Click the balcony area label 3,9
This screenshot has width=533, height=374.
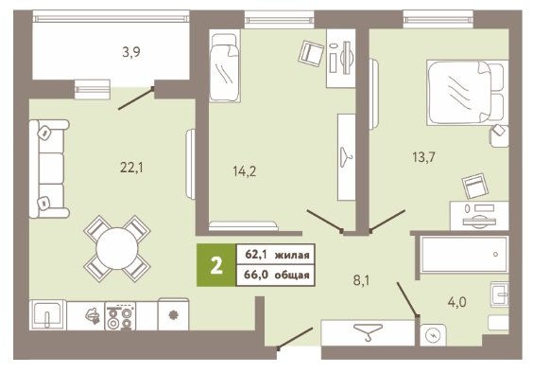pyautogui.click(x=131, y=52)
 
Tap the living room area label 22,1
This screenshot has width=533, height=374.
pyautogui.click(x=132, y=168)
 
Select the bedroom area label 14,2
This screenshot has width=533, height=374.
pyautogui.click(x=245, y=171)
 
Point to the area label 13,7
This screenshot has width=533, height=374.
pyautogui.click(x=423, y=157)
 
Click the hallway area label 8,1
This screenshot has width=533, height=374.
pyautogui.click(x=362, y=280)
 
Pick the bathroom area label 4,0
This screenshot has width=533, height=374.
pyautogui.click(x=457, y=302)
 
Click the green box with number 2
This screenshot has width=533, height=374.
pyautogui.click(x=216, y=265)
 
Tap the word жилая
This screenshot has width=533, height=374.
pyautogui.click(x=292, y=255)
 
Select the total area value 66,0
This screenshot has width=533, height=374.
pyautogui.click(x=255, y=275)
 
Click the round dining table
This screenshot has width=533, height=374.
pyautogui.click(x=117, y=249)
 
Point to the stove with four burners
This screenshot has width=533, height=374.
pyautogui.click(x=120, y=315)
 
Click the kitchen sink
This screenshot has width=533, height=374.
pyautogui.click(x=47, y=315)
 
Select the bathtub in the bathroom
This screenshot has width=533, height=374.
pyautogui.click(x=465, y=255)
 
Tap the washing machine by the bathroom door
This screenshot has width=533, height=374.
pyautogui.click(x=433, y=335)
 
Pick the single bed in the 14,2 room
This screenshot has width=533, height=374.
pyautogui.click(x=225, y=65)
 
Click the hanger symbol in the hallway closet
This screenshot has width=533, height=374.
pyautogui.click(x=369, y=331)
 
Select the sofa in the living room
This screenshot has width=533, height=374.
pyautogui.click(x=49, y=169)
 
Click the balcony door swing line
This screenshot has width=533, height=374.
pyautogui.click(x=136, y=98)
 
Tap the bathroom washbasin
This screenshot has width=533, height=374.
pyautogui.click(x=500, y=294)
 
